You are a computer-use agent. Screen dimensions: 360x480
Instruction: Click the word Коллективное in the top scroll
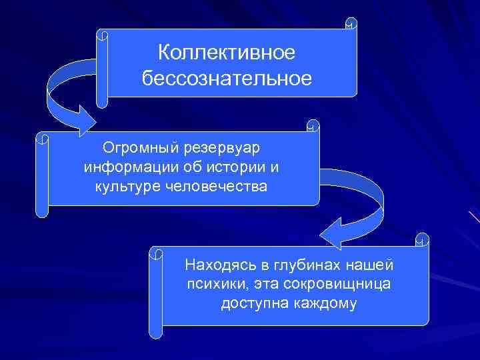click(227, 52)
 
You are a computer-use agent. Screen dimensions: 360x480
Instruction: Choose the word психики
click(213, 285)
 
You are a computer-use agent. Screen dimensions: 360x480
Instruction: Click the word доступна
click(247, 304)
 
